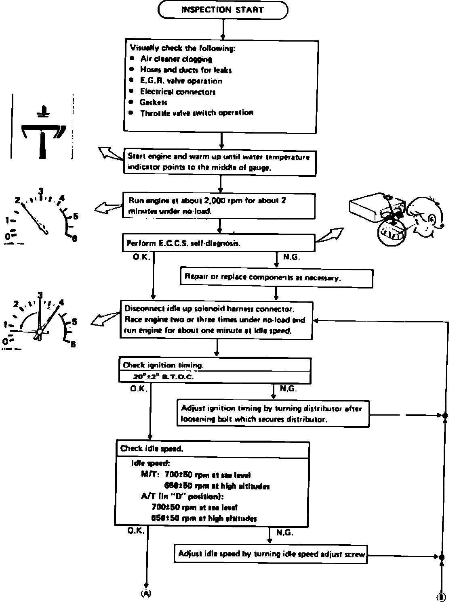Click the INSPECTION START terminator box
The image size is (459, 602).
pyautogui.click(x=223, y=10)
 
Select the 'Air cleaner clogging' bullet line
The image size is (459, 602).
pyautogui.click(x=176, y=59)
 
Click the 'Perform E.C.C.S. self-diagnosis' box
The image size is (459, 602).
pyautogui.click(x=219, y=243)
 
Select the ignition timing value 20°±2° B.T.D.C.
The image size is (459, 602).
pyautogui.click(x=163, y=377)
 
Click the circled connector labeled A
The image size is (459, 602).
pyautogui.click(x=145, y=593)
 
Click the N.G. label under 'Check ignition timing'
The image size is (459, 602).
pyautogui.click(x=288, y=389)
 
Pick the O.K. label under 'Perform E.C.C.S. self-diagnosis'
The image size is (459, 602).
pyautogui.click(x=141, y=256)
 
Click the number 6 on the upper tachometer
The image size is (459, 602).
pyautogui.click(x=74, y=238)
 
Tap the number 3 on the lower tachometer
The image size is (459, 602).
pyautogui.click(x=40, y=295)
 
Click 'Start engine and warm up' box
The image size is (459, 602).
pyautogui.click(x=219, y=162)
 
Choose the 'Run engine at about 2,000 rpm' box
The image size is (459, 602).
pyautogui.click(x=219, y=206)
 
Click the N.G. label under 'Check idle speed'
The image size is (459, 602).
pyautogui.click(x=284, y=533)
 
